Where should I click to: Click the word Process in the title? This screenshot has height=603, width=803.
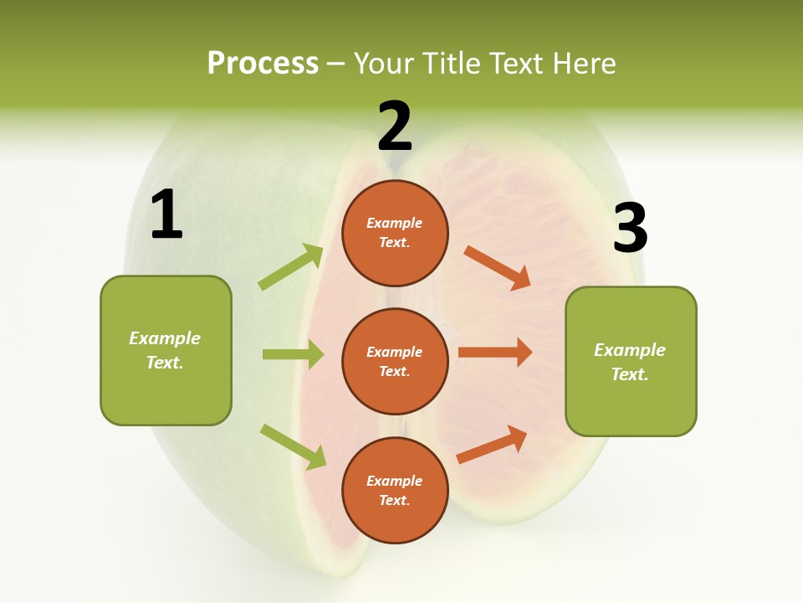click(x=263, y=63)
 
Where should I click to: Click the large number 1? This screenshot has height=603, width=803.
click(x=166, y=215)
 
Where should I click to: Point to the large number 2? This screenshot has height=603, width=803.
click(x=395, y=126)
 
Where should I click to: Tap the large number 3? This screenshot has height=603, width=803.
click(x=630, y=228)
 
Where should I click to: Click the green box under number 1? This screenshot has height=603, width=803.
click(x=166, y=350)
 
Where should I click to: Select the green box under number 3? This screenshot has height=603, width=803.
click(x=631, y=361)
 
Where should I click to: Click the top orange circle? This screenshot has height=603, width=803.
click(x=395, y=233)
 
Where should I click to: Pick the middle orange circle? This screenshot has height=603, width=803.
click(x=395, y=361)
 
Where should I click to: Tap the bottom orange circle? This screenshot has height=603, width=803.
click(x=395, y=490)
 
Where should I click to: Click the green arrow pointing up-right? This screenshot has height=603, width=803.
click(x=291, y=267)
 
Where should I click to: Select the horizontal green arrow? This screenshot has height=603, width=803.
click(x=293, y=354)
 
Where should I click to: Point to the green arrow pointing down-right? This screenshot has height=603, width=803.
click(x=293, y=446)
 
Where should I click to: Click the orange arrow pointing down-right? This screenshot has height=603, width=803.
click(x=497, y=268)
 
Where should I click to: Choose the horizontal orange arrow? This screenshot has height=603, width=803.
click(x=495, y=352)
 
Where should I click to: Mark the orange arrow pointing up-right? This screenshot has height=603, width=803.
click(x=492, y=445)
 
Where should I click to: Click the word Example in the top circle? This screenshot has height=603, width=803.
click(x=395, y=224)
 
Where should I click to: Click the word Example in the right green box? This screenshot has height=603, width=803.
click(x=630, y=350)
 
